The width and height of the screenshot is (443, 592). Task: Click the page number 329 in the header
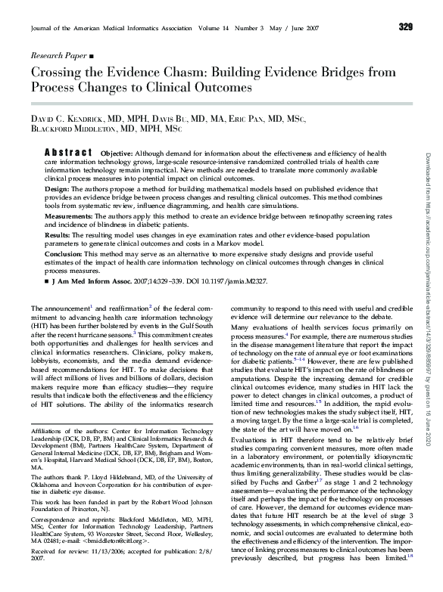point(405,27)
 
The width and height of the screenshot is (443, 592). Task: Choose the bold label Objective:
point(117,152)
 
